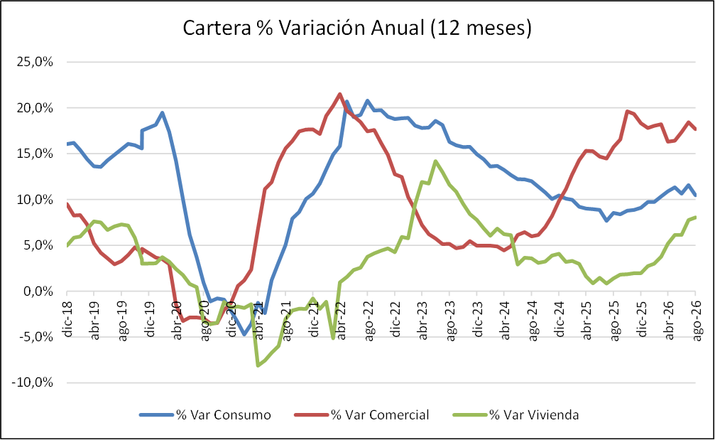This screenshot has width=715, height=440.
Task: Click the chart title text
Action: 357,28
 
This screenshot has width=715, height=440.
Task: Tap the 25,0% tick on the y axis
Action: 35,62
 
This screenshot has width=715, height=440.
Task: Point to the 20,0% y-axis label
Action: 35,108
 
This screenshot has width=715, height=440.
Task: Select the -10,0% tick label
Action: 33,382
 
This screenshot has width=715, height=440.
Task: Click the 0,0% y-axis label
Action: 38,291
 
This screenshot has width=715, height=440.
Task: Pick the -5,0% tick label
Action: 36,337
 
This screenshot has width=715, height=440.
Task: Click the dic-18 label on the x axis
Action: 68,319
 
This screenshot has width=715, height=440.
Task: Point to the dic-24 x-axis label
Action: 560,319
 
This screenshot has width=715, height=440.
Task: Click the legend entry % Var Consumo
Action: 205,415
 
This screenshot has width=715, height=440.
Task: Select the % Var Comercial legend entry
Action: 361,415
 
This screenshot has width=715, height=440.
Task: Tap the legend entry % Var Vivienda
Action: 516,415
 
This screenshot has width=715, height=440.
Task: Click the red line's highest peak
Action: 339,94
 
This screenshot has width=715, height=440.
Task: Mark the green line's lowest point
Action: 258,365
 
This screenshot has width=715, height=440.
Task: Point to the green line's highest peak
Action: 435,161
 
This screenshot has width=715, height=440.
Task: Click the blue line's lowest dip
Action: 244,334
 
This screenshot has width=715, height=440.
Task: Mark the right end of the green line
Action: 695,217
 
